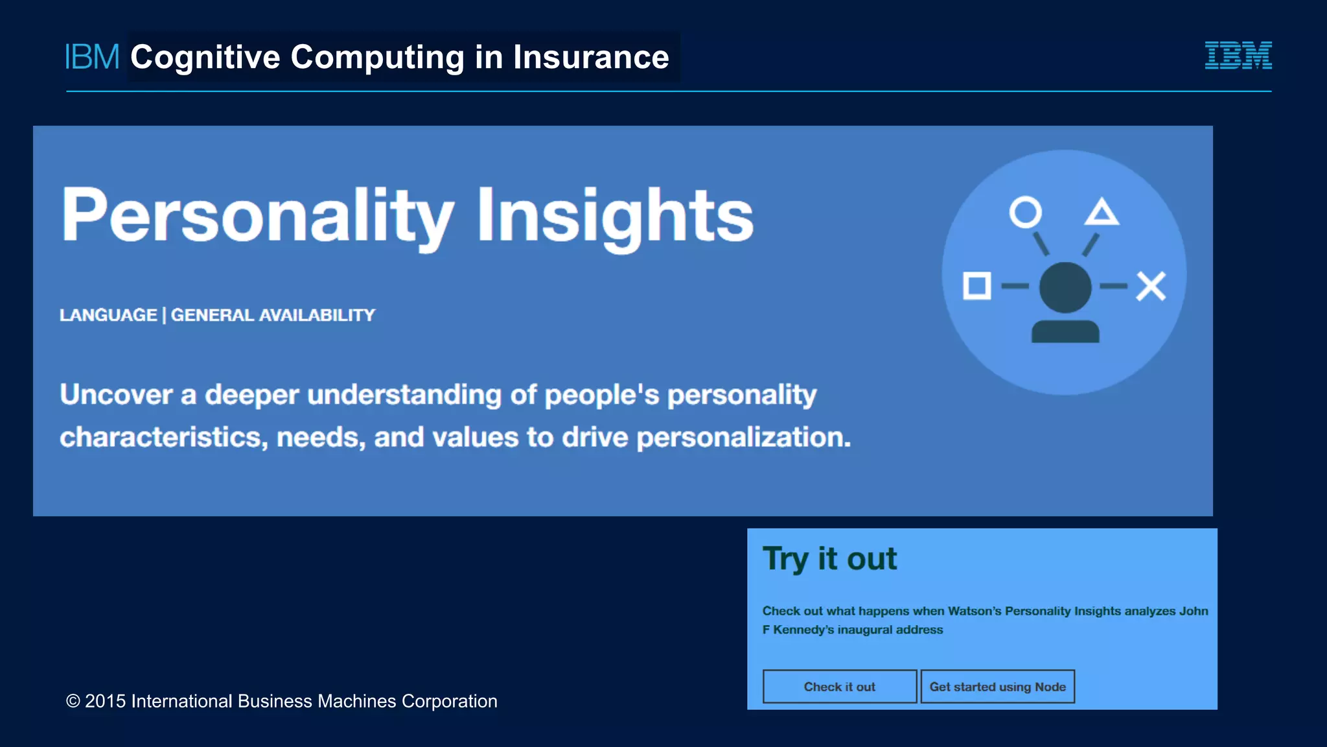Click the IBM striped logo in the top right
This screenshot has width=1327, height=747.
1238,55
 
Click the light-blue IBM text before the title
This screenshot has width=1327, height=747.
92,57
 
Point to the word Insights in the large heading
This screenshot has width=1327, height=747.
615,215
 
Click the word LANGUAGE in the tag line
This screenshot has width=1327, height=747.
108,315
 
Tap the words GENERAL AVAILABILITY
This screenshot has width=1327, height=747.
273,315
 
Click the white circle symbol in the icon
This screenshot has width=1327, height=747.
1025,212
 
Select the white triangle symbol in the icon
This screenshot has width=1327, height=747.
1102,213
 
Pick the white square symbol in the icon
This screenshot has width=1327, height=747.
976,286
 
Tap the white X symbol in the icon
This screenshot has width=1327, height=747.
1151,286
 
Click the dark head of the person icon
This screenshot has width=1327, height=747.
1065,287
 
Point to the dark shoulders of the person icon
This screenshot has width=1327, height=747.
1065,331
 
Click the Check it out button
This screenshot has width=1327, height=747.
839,687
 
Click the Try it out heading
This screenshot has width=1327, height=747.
829,559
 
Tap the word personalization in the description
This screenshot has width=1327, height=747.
743,438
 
